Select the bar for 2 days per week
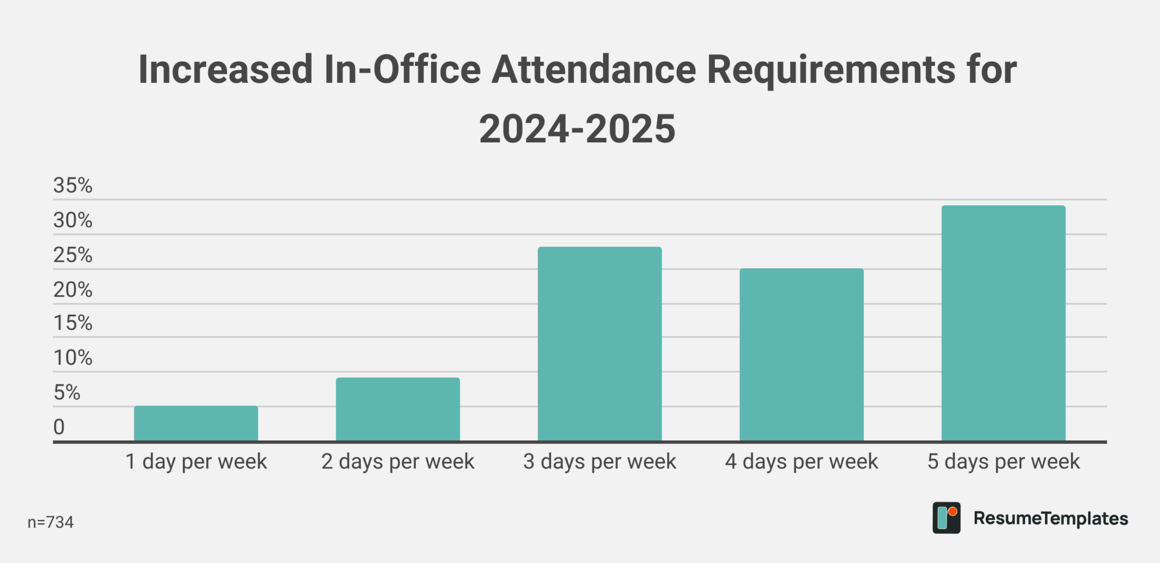tap(398, 409)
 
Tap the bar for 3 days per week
tap(599, 344)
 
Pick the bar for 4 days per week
tap(801, 354)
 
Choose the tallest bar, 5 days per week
tap(1003, 323)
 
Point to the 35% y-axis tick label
tap(72, 185)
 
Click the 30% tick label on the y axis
tap(72, 220)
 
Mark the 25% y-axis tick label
tap(72, 255)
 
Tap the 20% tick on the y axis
tap(72, 290)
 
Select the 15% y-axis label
tap(72, 323)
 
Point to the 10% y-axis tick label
tap(72, 358)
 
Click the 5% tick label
tap(67, 392)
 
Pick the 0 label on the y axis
tap(59, 427)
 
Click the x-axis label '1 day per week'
tap(196, 462)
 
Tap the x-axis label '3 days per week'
tap(599, 462)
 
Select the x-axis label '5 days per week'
tap(1003, 462)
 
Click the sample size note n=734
tap(50, 522)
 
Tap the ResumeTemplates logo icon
tap(946, 518)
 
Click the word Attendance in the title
tap(594, 69)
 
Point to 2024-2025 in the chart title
tap(577, 129)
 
